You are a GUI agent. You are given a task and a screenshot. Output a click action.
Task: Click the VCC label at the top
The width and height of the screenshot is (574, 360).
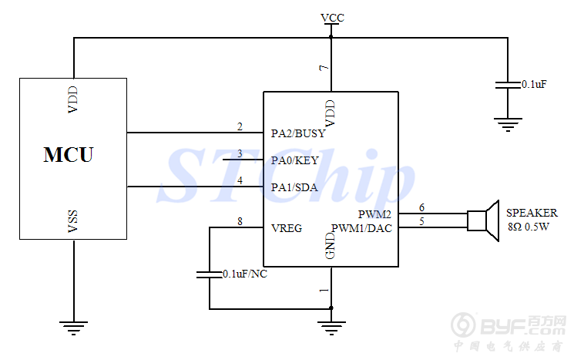332,17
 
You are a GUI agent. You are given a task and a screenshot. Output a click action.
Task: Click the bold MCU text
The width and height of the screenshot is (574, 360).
69,155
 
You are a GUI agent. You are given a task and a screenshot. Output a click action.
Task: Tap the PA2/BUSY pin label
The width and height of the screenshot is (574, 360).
298,133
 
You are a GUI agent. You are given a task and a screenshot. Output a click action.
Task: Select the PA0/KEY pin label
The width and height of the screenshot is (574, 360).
295,160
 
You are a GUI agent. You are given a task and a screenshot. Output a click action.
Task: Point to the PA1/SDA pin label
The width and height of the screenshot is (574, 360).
295,187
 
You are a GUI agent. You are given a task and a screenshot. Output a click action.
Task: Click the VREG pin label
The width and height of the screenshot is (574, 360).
287,228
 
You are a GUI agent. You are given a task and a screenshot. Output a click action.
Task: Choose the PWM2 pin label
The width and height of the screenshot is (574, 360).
375,214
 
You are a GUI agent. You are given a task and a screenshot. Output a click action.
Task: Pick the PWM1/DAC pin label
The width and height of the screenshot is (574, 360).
362,228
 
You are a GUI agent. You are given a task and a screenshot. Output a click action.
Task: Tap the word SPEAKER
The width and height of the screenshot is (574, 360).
532,213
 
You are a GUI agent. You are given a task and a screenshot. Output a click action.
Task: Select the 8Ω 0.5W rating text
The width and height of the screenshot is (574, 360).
529,227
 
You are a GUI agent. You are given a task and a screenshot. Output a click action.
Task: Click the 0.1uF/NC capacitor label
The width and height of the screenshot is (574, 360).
245,274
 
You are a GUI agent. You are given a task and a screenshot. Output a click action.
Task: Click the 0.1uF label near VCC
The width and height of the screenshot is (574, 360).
534,83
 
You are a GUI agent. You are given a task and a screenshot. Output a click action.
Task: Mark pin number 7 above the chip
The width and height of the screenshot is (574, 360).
324,69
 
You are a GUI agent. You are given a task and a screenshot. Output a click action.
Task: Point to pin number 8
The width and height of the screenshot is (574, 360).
240,222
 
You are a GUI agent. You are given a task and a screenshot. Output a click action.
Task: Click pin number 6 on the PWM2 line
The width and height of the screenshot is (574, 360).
421,207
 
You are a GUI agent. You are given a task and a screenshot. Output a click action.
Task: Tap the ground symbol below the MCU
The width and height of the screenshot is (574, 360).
74,328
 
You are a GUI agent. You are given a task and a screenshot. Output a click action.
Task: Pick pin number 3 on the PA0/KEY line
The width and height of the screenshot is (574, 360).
240,154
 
